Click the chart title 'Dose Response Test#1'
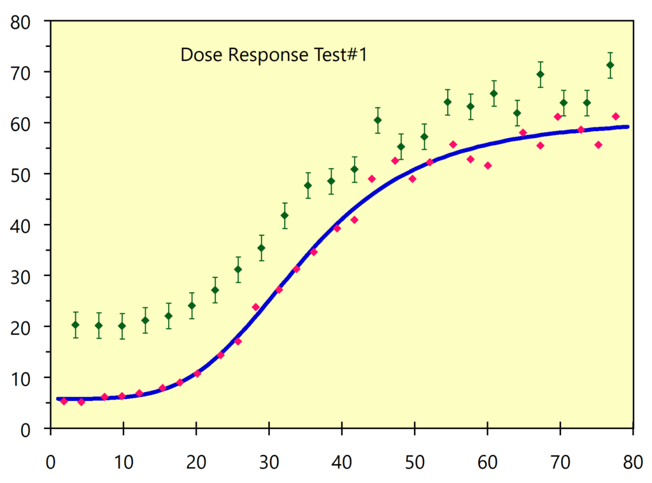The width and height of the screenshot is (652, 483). tap(274, 55)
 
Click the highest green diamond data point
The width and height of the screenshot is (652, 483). tap(610, 65)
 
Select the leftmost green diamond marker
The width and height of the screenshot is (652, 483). tap(75, 325)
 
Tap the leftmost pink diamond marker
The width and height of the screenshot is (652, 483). tap(64, 401)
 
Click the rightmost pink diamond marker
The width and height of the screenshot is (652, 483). tap(616, 116)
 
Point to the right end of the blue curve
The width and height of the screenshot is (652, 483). tap(628, 127)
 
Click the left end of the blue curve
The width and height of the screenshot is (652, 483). tap(58, 399)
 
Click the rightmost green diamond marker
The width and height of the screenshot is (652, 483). tap(610, 65)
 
